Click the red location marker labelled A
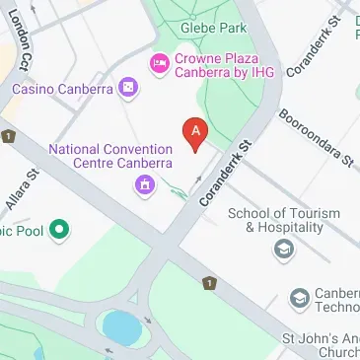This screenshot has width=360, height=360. point(196,134)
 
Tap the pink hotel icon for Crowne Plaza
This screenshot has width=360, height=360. point(157,65)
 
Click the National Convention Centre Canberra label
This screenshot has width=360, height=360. point(110,156)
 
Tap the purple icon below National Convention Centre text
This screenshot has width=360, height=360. point(146,183)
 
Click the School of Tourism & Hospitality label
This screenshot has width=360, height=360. point(284,220)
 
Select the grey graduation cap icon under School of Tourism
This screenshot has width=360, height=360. point(284,249)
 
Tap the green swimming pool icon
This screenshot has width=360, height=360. point(59,232)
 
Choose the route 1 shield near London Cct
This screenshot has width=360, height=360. point(7,135)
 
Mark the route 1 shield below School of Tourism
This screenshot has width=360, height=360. point(208,283)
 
